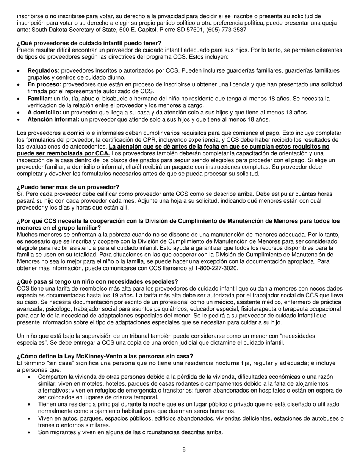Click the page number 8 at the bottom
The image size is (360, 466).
click(x=184, y=450)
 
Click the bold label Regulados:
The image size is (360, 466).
click(x=44, y=71)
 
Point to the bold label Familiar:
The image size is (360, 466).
click(x=40, y=99)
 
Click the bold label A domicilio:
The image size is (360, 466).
click(x=44, y=113)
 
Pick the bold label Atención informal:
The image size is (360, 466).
click(x=53, y=119)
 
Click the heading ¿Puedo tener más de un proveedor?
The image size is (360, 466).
click(x=68, y=187)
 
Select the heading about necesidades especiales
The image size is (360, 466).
click(x=97, y=282)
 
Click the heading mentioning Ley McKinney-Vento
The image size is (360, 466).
click(x=105, y=356)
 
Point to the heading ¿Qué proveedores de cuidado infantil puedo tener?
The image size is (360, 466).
click(x=89, y=43)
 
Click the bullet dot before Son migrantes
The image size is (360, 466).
click(x=30, y=432)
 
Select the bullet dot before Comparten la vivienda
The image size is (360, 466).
click(x=30, y=377)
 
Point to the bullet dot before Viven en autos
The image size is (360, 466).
click(x=30, y=418)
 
